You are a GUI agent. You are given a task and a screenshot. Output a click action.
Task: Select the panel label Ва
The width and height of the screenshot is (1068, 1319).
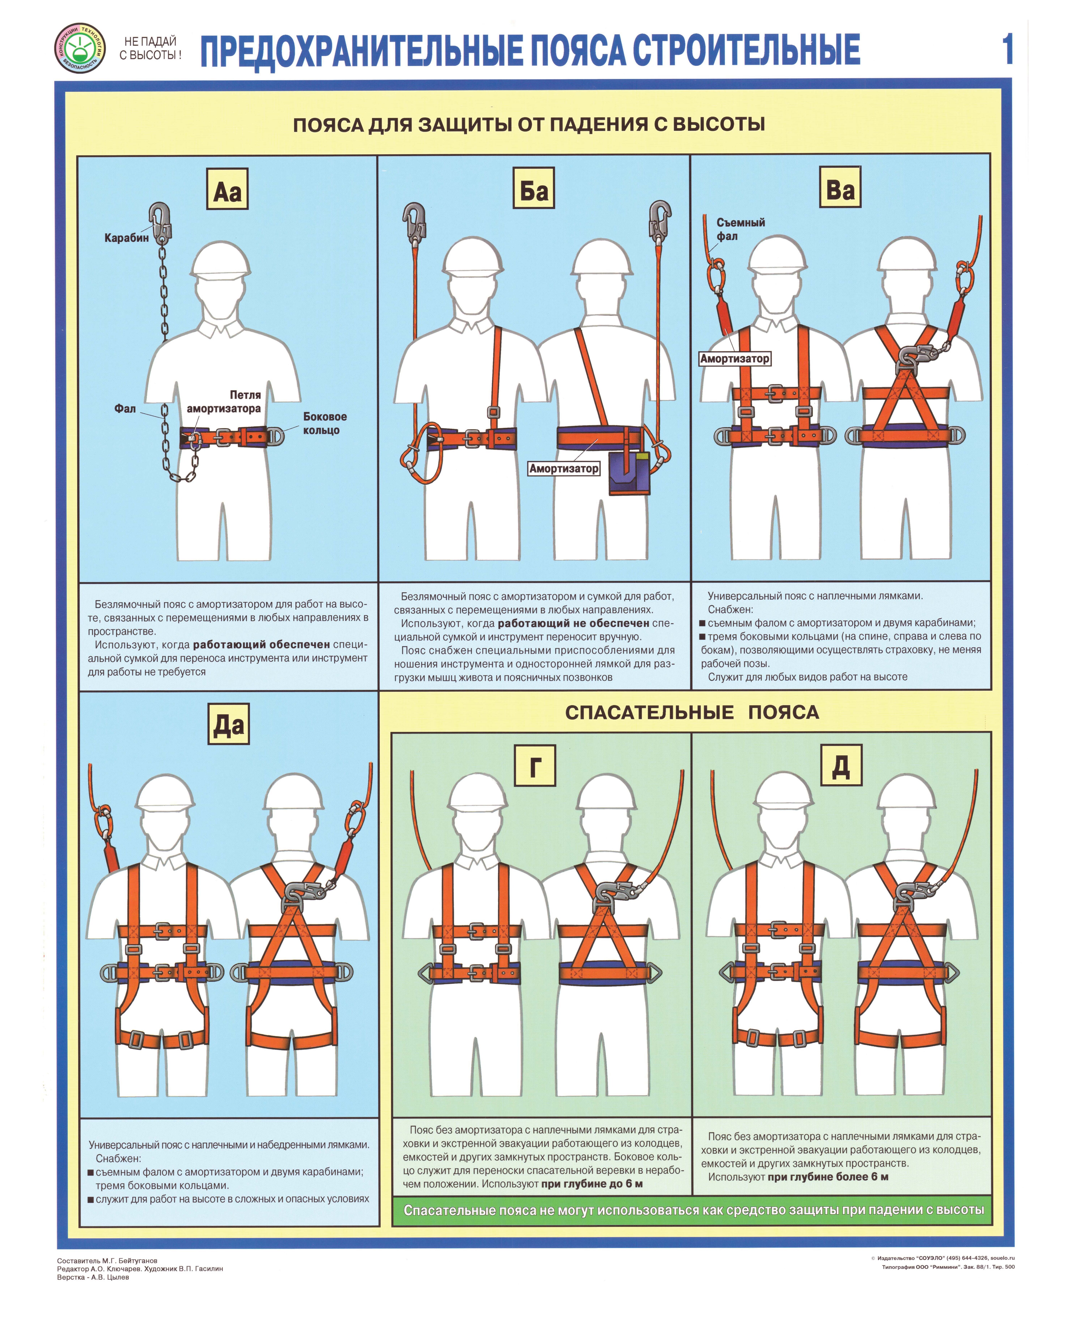pyautogui.click(x=840, y=188)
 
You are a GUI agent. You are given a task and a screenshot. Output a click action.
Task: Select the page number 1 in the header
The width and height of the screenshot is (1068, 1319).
pyautogui.click(x=1007, y=49)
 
